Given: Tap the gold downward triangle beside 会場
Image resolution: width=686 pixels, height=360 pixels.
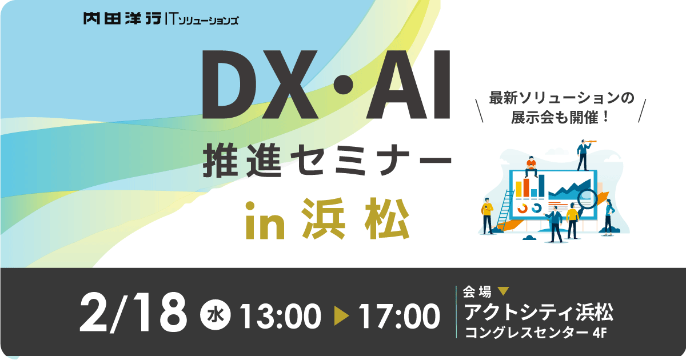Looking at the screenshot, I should click(504, 291).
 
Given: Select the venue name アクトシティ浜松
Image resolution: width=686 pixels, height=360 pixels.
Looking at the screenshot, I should click(539, 313).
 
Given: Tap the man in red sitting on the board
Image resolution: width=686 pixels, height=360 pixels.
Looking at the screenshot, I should click(530, 166).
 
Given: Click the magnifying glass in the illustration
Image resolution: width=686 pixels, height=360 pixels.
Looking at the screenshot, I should click(586, 199).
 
